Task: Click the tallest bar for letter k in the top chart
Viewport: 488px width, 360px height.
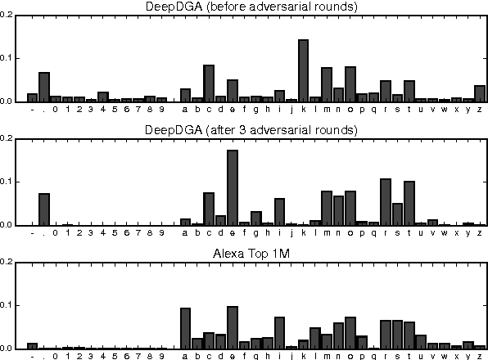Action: [303, 71]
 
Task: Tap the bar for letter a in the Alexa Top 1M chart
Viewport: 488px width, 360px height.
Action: [185, 329]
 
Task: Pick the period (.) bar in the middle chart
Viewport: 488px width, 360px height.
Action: [44, 209]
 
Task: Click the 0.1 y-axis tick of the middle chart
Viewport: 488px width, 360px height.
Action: [9, 182]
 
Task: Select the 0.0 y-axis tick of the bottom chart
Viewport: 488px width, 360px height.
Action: [9, 349]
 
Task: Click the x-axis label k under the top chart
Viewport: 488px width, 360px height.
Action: [303, 110]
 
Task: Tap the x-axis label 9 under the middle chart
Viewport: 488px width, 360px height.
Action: [161, 233]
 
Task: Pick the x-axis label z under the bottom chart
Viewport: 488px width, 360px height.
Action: [480, 357]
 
